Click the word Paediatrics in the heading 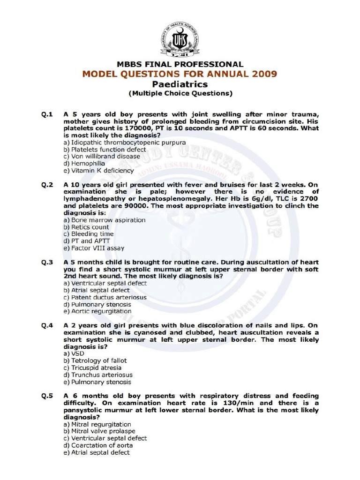tap(180, 84)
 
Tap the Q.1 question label tap(47, 114)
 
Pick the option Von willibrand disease tap(102, 157)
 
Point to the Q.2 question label tap(47, 185)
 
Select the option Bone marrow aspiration tap(105, 220)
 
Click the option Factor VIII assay tap(94, 248)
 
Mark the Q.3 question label tap(47, 262)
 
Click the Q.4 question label tap(47, 326)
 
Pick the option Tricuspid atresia tap(92, 368)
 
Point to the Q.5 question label tap(47, 396)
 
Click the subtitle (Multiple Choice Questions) tap(180, 93)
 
